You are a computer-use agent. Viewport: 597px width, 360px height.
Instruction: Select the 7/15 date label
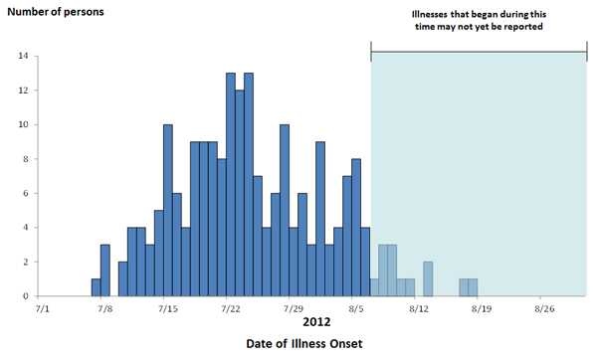click(167, 309)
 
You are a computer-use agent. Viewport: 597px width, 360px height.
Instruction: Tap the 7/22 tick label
click(230, 309)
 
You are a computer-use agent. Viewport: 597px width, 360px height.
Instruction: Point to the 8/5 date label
click(355, 309)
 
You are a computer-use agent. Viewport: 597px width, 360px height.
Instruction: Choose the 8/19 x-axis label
click(481, 309)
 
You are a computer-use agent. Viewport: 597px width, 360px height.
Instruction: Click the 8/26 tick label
click(543, 309)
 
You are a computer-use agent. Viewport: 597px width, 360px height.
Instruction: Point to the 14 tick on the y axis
click(22, 56)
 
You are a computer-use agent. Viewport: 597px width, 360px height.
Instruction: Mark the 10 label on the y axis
click(22, 124)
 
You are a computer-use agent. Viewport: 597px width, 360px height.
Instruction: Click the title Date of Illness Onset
click(303, 344)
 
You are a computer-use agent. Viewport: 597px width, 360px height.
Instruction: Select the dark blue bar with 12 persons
click(240, 193)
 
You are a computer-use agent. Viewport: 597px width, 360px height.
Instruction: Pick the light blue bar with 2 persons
click(428, 278)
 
